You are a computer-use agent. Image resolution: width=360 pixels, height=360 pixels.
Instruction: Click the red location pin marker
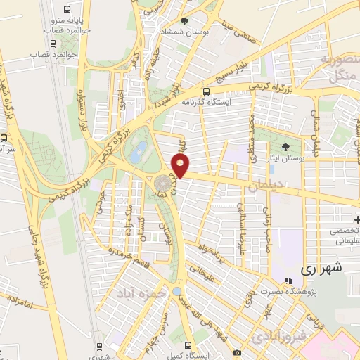[x=181, y=166]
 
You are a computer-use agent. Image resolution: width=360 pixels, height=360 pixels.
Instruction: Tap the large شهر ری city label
[x=321, y=268]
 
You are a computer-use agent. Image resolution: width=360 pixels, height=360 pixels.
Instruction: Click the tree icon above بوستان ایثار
[x=285, y=146]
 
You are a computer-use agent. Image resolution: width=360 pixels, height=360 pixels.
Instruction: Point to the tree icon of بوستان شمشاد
[x=184, y=21]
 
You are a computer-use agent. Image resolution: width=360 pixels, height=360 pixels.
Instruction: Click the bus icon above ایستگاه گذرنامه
[x=206, y=91]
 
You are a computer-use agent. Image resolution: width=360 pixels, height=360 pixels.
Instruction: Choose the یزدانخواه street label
[x=215, y=252]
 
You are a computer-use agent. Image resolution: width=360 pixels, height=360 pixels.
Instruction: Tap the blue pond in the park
[x=141, y=150]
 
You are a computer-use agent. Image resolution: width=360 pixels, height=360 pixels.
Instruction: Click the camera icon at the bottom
[x=238, y=352]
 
